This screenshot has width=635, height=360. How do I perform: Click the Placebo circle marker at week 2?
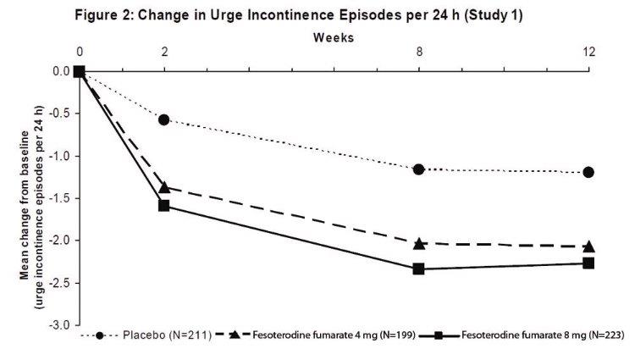click(x=164, y=119)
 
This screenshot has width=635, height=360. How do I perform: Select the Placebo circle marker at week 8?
click(x=418, y=169)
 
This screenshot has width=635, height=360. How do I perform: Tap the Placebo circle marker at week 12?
click(x=588, y=172)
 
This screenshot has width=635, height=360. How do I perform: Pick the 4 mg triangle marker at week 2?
click(x=164, y=186)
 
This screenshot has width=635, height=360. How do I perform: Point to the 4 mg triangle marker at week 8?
click(x=418, y=243)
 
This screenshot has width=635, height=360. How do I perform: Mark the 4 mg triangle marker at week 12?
click(x=588, y=246)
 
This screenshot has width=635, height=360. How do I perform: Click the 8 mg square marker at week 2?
click(x=164, y=205)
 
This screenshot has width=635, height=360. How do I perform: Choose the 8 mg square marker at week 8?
click(x=418, y=269)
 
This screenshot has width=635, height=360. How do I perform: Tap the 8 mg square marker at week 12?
click(x=588, y=263)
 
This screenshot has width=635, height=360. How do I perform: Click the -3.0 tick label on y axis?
click(x=58, y=325)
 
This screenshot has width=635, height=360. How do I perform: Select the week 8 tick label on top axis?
click(x=418, y=53)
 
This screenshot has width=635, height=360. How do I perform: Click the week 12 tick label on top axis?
click(x=588, y=53)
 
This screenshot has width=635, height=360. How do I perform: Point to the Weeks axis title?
click(x=334, y=37)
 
